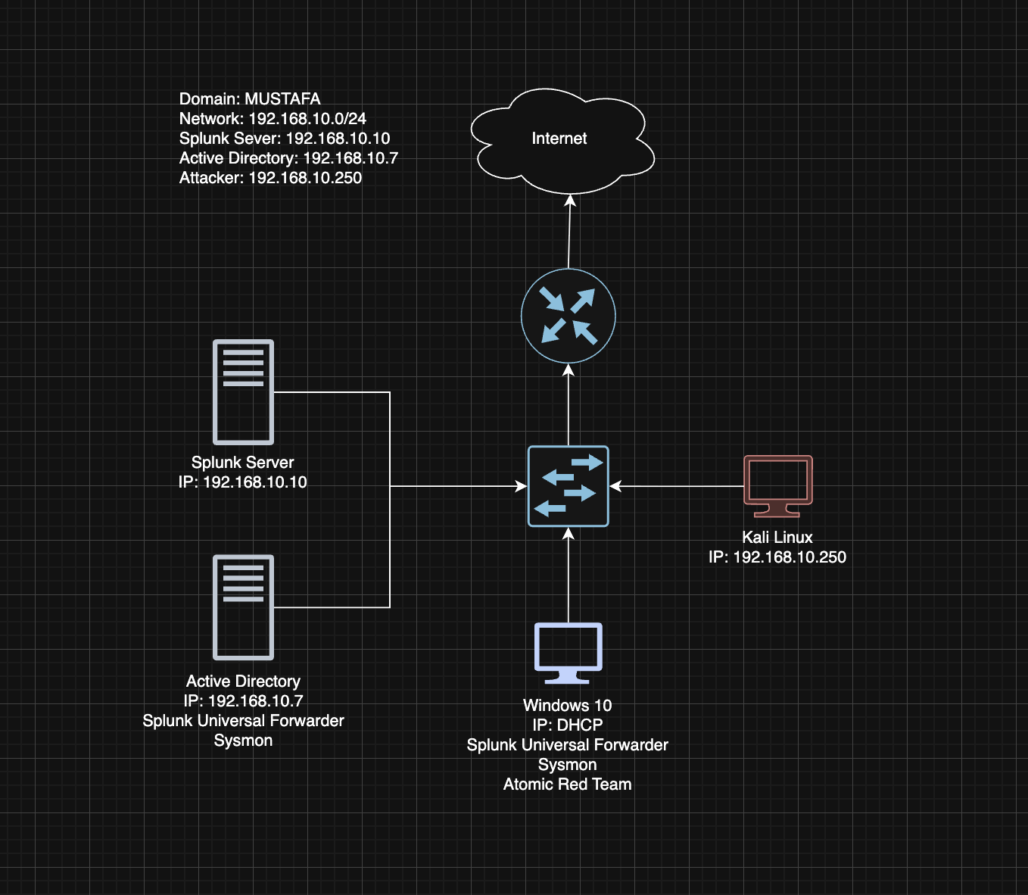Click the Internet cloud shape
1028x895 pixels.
(560, 140)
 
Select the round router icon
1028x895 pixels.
(569, 316)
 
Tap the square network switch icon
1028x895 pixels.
(568, 486)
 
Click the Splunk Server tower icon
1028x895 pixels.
(243, 391)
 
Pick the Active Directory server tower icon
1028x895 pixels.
(243, 607)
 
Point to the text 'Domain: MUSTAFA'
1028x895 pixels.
(250, 99)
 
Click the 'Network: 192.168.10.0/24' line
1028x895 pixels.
(273, 119)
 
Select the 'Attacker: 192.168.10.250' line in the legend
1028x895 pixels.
(270, 178)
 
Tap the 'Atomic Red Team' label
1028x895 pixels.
(567, 784)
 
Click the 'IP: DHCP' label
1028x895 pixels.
(567, 725)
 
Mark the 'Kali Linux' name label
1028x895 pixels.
(777, 538)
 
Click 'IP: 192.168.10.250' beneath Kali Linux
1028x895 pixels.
(777, 557)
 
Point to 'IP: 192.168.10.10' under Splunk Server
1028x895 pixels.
(243, 482)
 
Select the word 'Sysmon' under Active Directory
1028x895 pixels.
(243, 741)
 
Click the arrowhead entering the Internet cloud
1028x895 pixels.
(571, 200)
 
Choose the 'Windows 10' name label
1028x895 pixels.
(567, 706)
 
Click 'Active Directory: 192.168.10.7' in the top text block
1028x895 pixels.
(288, 158)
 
